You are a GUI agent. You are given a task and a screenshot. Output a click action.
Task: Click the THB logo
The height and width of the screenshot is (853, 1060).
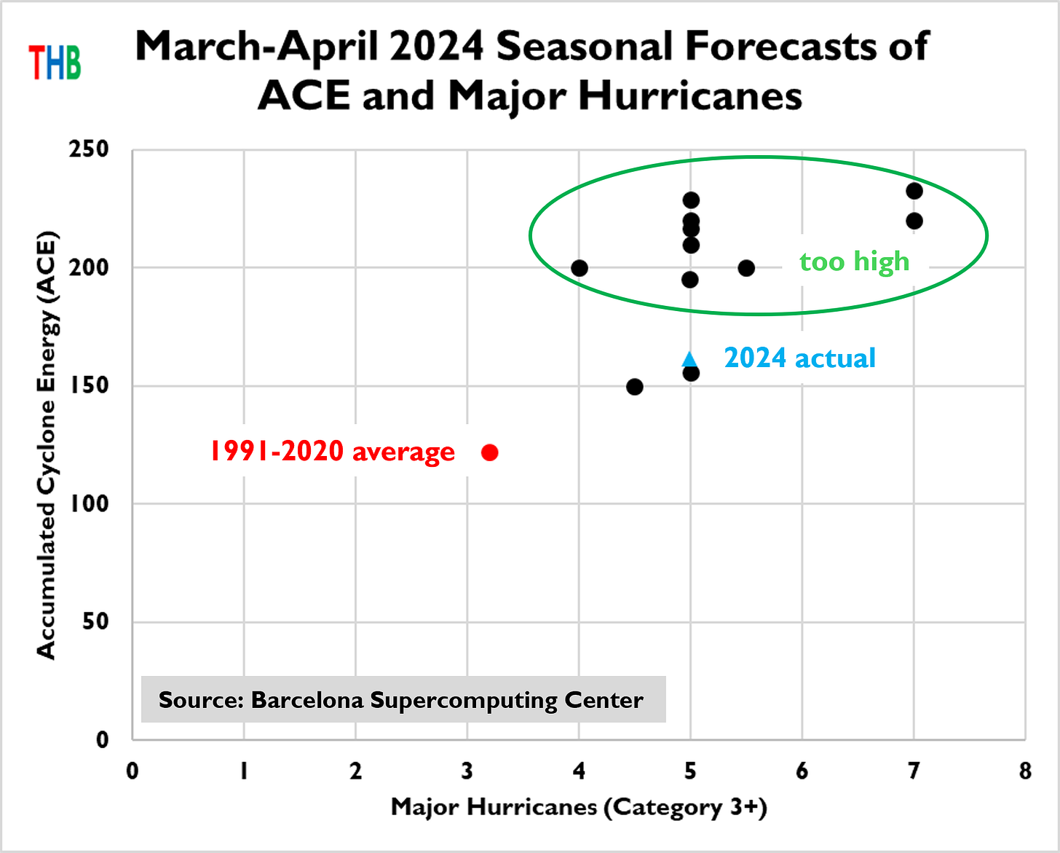55,62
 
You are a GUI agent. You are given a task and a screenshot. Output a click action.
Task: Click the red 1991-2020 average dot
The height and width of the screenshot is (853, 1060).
490,452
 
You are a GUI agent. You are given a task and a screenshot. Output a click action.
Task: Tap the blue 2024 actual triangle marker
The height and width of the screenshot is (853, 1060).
689,358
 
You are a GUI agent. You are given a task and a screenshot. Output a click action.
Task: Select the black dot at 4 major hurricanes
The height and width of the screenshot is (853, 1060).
580,268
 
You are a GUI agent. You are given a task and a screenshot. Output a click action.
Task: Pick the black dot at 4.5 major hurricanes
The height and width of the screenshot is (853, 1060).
635,387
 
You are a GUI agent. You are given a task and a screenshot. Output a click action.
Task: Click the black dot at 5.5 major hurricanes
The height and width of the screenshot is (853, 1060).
746,268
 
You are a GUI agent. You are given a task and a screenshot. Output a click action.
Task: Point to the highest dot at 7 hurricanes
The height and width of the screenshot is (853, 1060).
914,191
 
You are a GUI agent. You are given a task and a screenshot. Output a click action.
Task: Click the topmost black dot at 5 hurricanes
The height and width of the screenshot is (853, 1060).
691,200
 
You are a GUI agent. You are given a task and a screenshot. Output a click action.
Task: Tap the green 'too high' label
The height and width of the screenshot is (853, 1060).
855,261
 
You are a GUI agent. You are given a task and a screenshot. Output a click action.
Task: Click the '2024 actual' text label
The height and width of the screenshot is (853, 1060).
799,358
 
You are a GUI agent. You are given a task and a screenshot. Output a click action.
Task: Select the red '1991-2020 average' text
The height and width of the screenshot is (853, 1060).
332,452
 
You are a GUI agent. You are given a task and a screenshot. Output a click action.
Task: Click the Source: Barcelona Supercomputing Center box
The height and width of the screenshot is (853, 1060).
403,700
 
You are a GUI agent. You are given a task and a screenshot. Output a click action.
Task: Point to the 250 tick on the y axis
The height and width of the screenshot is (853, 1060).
89,149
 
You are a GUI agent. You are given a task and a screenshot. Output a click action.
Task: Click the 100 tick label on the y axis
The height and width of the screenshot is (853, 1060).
89,503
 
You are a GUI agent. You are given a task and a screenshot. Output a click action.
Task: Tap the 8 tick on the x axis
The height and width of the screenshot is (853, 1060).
1025,771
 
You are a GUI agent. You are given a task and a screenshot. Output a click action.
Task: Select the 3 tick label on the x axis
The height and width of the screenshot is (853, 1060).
467,771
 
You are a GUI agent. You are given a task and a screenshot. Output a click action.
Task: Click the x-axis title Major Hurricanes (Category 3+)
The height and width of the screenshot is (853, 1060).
579,807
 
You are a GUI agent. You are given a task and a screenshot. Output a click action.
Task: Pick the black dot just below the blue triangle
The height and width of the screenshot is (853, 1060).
691,374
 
